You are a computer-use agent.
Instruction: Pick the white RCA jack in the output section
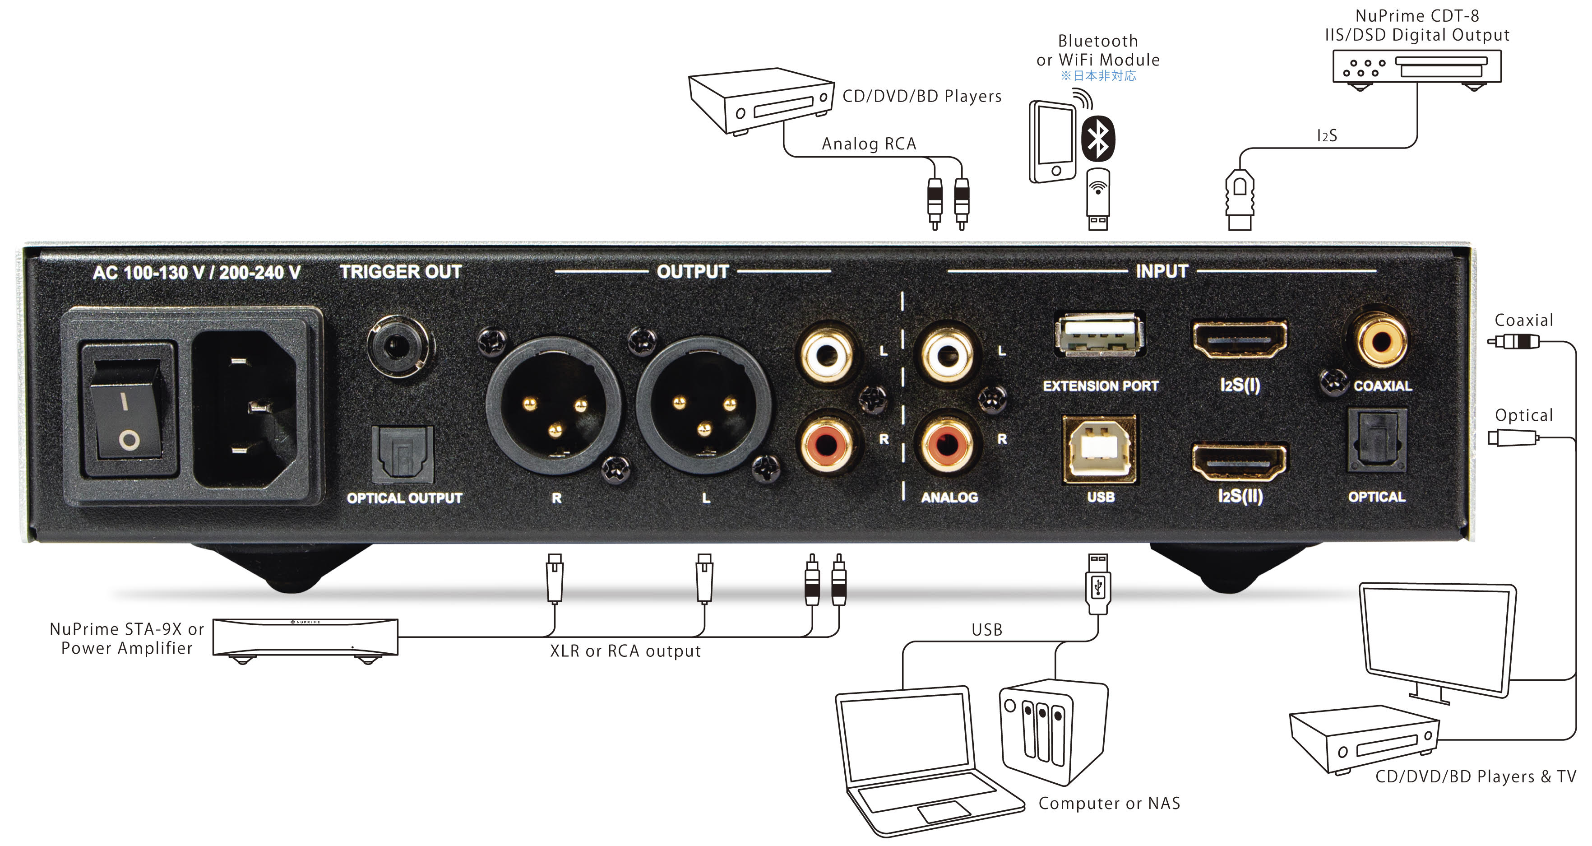coord(826,354)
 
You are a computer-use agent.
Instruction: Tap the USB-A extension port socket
coord(1099,335)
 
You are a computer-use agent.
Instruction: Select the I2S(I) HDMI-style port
coord(1239,339)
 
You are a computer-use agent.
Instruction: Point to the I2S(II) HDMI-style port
coord(1239,461)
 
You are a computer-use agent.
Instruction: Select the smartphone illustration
coord(1052,142)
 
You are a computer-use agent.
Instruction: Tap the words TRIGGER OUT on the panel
coord(400,272)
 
